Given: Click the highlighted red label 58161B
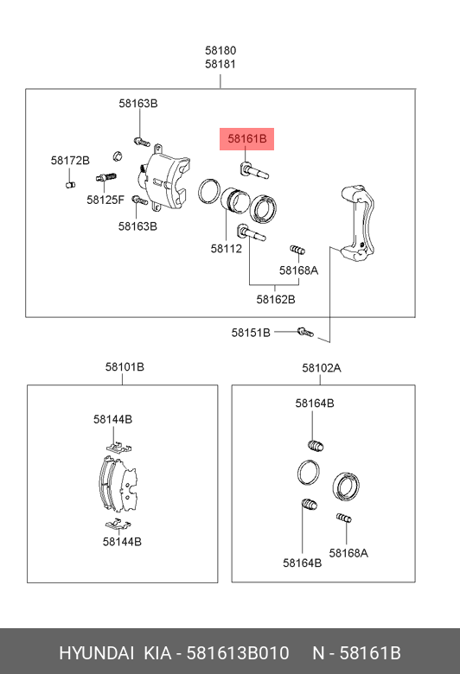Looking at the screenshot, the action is coord(247,139).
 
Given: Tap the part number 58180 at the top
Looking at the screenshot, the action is coord(220,50).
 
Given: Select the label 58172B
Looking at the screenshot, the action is coord(70,161).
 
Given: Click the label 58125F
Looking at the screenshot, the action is coord(105,200).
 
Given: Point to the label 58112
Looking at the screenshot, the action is coord(227,249).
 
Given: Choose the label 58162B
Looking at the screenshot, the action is coord(276,299).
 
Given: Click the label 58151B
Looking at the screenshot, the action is coord(251,333).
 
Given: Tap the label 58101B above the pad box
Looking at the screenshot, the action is coord(125,367).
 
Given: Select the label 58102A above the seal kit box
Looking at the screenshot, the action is coord(322,368).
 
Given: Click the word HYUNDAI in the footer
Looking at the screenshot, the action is coord(96,653).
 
